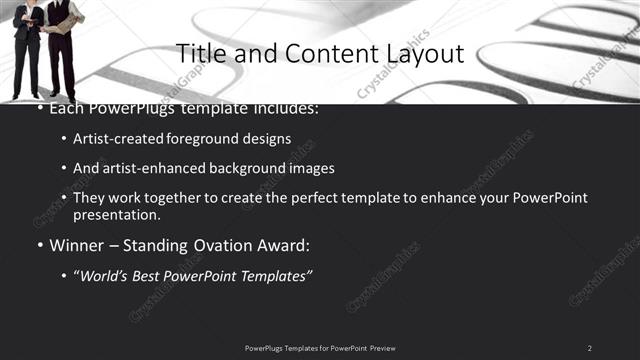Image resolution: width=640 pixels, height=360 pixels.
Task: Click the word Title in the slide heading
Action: tap(200, 53)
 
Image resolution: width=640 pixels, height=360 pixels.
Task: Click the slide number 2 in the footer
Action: tap(589, 348)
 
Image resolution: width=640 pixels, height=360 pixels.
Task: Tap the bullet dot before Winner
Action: tap(39, 245)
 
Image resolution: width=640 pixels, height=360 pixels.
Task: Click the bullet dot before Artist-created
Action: tap(64, 139)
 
